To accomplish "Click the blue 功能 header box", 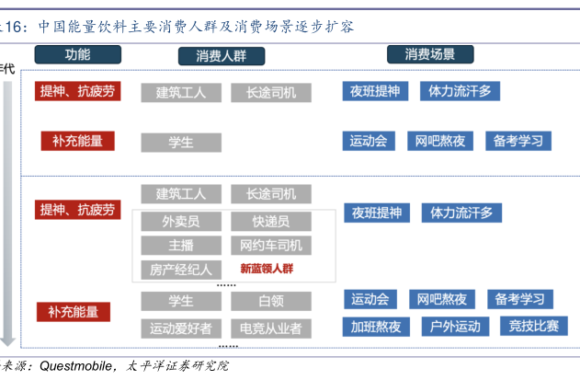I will click(77, 55).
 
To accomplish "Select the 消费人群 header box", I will click(221, 56).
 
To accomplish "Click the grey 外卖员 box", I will click(180, 222).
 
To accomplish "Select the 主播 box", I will click(180, 246).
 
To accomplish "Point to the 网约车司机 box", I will click(270, 246).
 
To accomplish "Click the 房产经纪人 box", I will click(180, 270).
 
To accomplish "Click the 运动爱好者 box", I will click(180, 328).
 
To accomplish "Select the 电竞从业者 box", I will click(270, 328).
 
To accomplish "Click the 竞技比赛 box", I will click(533, 327).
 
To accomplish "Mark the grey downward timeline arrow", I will click(9, 212).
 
